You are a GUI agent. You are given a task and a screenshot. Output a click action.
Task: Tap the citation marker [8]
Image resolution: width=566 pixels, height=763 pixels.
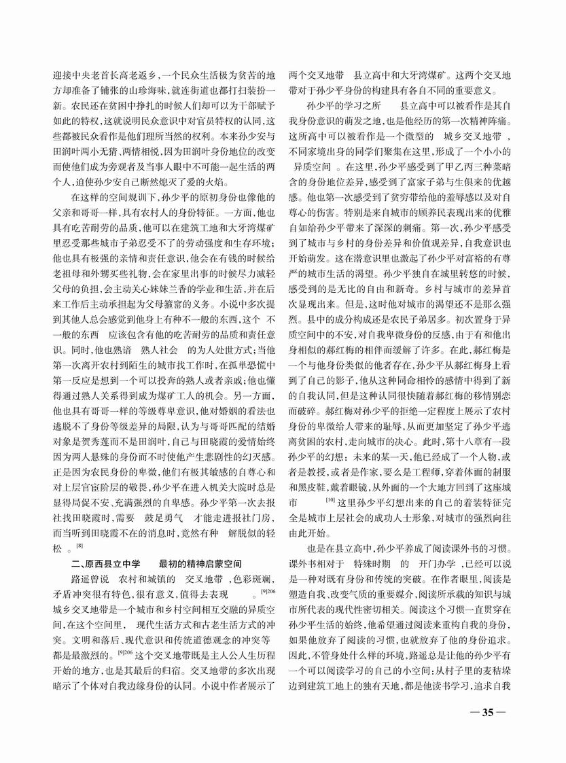(79, 546)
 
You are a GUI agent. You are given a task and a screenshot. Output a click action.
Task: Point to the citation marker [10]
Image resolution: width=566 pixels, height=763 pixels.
(330, 501)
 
